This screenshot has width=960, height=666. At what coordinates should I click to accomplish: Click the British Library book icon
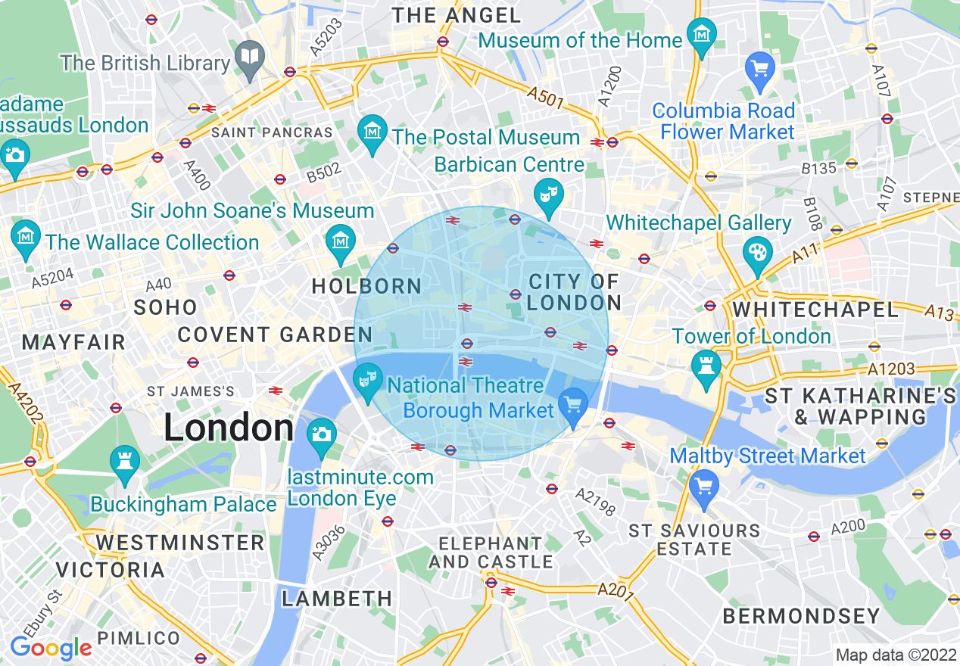click(x=249, y=58)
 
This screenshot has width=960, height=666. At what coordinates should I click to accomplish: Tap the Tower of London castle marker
click(x=706, y=366)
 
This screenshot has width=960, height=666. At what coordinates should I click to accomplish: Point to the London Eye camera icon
click(x=321, y=434)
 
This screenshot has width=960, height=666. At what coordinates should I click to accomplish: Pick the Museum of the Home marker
click(x=702, y=35)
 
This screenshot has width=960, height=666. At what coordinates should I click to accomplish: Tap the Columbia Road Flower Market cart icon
click(x=759, y=69)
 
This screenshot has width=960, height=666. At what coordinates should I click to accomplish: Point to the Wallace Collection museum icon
click(x=26, y=236)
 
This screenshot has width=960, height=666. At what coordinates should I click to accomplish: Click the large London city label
click(x=228, y=428)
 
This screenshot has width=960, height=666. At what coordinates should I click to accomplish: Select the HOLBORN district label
click(x=366, y=286)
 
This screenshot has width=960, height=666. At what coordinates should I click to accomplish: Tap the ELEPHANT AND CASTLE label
click(x=491, y=552)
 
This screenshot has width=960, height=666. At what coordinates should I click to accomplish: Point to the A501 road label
click(x=546, y=96)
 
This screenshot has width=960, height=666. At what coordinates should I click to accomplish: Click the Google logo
click(x=51, y=648)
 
